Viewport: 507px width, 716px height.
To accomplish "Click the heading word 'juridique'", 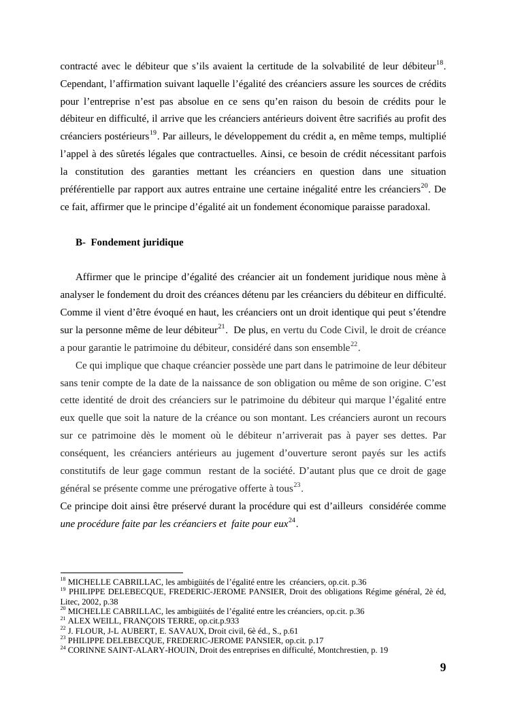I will pos(163,242).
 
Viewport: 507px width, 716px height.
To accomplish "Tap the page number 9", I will pos(443,667).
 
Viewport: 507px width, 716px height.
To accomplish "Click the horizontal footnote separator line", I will pos(122,573).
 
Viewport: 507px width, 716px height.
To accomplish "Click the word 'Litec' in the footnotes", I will pos(69,602).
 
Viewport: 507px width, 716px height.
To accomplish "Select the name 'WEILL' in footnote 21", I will pos(95,621).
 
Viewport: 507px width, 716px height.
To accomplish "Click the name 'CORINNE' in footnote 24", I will pos(86,650).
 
